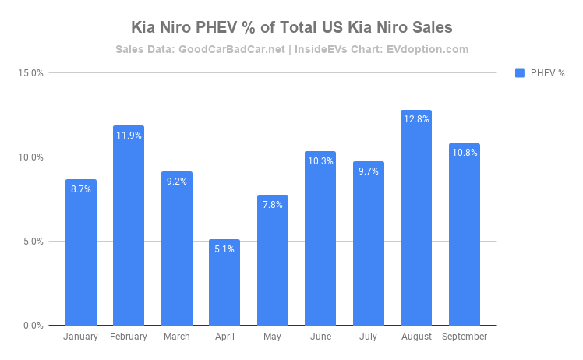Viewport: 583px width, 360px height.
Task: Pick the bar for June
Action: (320, 242)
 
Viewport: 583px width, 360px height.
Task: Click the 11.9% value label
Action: (129, 136)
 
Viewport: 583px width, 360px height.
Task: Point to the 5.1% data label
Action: (224, 249)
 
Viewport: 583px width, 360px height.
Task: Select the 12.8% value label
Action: (416, 119)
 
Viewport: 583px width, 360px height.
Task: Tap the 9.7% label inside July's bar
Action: (368, 171)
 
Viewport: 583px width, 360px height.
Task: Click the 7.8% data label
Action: (273, 205)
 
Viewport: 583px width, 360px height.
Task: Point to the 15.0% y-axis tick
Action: (30, 73)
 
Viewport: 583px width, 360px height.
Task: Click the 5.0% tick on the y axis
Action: (32, 242)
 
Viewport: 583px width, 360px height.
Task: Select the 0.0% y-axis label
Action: (32, 326)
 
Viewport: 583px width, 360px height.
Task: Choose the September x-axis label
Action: (465, 337)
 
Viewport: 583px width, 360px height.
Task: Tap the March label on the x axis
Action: (177, 337)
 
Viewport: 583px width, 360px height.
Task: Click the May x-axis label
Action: (273, 337)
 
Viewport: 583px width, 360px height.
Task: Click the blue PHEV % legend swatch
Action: (520, 73)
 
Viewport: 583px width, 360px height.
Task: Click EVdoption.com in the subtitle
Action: (431, 49)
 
